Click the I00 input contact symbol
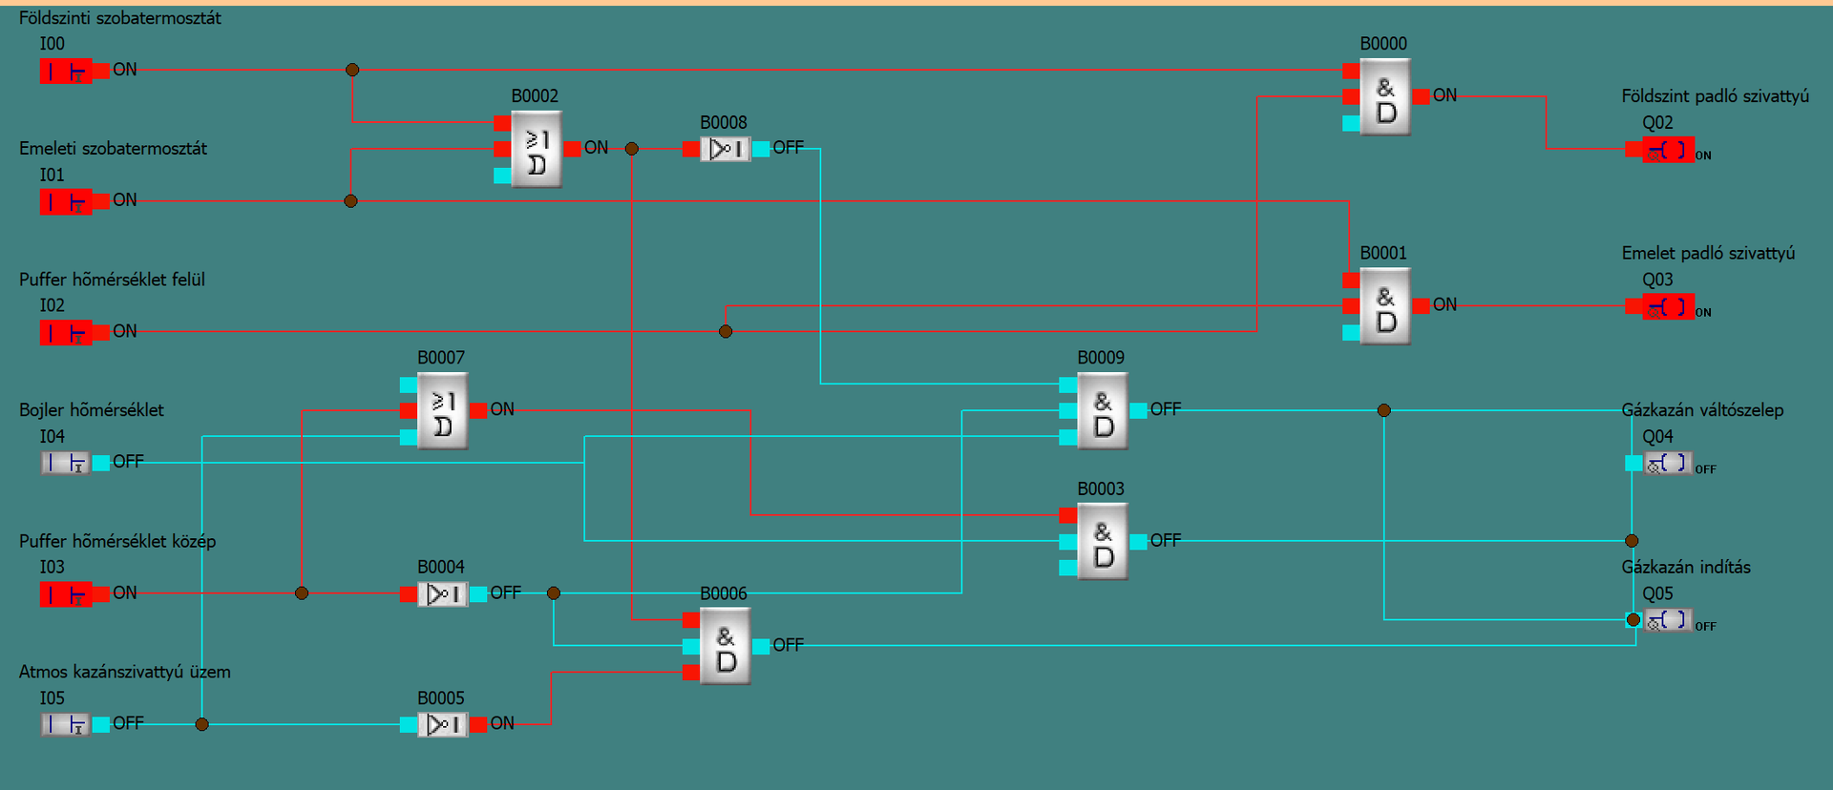pos(66,71)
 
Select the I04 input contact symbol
pos(66,463)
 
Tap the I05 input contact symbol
pos(66,724)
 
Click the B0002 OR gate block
pos(537,149)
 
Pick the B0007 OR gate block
pos(443,410)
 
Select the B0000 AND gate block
pos(1385,97)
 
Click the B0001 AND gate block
pos(1385,306)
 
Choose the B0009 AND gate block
pos(1103,411)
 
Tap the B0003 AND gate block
pos(1103,542)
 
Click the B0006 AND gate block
pos(726,647)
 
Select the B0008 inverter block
pos(726,149)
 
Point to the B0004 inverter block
pos(443,594)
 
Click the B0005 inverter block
pos(443,725)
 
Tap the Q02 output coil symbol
pos(1668,150)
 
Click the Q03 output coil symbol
pos(1668,307)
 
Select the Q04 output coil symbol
pos(1668,464)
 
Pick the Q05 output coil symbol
pos(1668,620)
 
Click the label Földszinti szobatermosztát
pos(120,18)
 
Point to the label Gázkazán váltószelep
pos(1702,410)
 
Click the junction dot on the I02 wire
pos(726,332)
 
